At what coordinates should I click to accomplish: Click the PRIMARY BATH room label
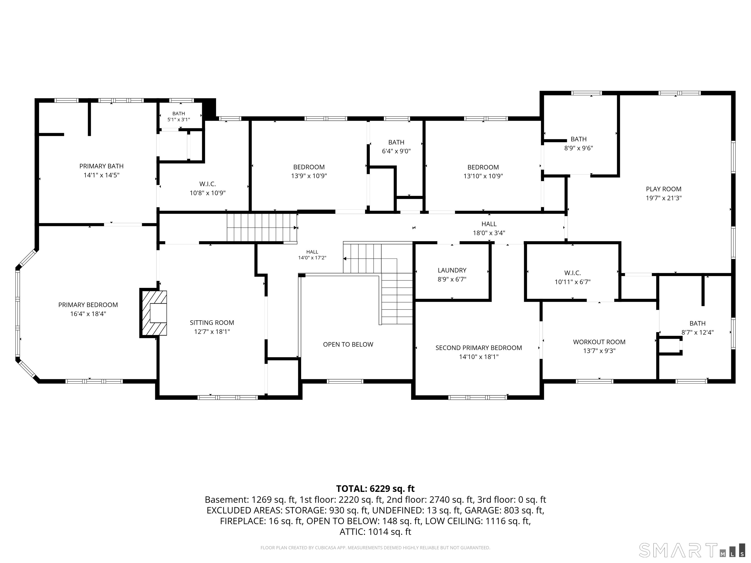101,166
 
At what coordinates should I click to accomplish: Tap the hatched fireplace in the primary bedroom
154,313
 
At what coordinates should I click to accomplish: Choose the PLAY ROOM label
663,189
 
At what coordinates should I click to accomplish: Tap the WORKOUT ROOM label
599,342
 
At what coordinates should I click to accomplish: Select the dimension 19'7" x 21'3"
663,198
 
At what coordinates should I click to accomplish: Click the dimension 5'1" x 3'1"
179,120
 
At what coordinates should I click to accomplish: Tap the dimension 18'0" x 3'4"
489,233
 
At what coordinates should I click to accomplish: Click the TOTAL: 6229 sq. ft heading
375,489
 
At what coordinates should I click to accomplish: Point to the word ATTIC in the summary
353,532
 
